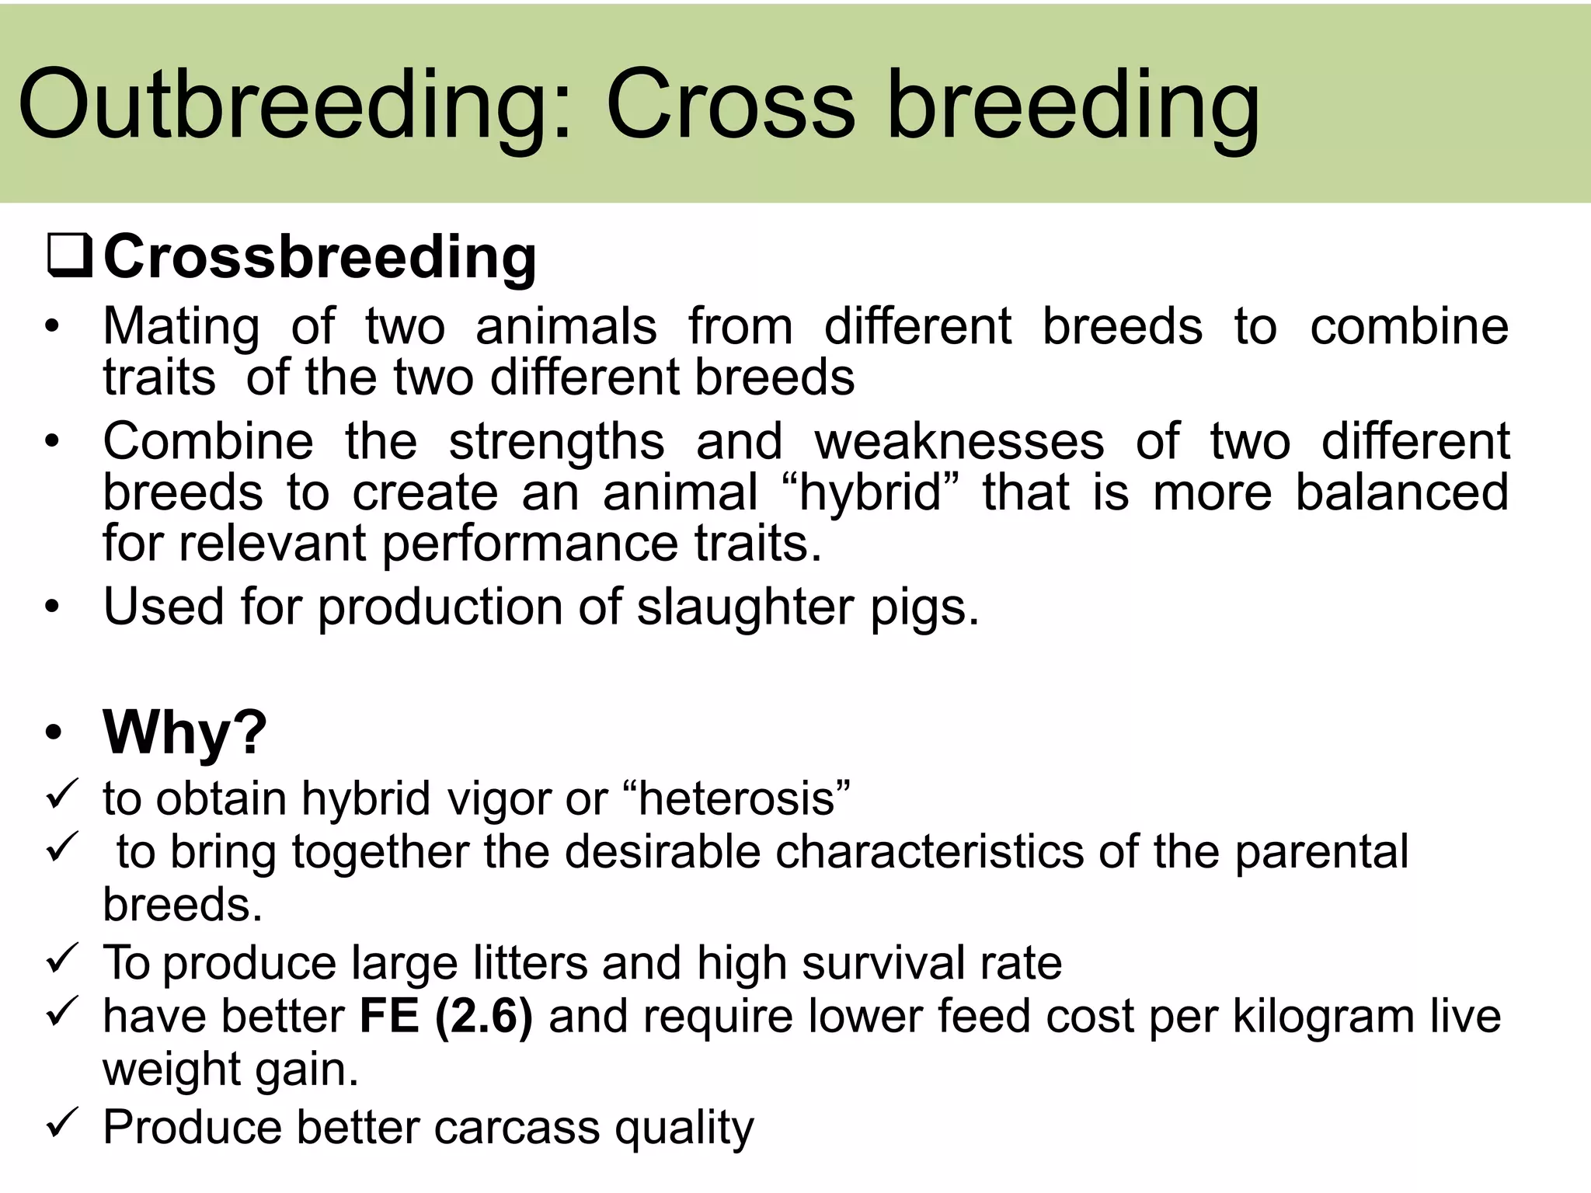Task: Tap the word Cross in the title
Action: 729,105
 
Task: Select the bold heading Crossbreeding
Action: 319,258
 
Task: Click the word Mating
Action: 181,326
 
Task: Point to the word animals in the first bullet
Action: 566,326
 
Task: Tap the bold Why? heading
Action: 185,732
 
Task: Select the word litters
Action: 531,963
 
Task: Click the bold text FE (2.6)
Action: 446,1016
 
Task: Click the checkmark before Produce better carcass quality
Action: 61,1124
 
